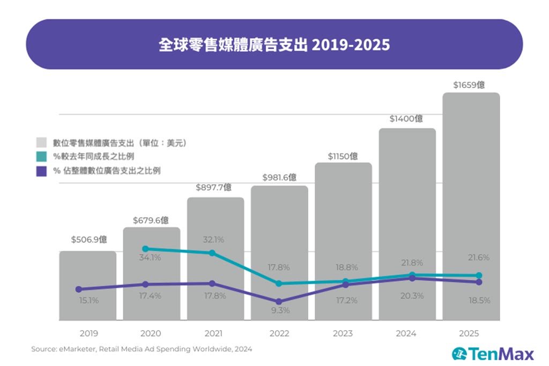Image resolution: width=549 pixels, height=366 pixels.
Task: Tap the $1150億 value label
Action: click(x=343, y=156)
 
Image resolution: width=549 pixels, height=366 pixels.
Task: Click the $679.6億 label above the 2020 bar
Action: click(x=151, y=220)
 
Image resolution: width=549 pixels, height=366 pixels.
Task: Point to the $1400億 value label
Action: click(x=407, y=118)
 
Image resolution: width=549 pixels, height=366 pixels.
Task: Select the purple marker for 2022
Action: click(x=279, y=302)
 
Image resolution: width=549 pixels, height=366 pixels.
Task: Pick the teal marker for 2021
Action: click(x=212, y=253)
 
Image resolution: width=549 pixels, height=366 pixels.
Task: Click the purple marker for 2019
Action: click(x=79, y=289)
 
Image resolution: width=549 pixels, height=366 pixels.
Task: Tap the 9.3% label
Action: click(x=279, y=310)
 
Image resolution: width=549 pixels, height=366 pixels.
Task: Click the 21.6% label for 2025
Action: click(x=478, y=258)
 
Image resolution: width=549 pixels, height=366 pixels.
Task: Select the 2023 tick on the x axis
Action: click(x=343, y=333)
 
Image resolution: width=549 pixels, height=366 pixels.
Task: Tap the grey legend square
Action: click(x=41, y=143)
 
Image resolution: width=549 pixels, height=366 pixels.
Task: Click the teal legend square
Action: click(x=41, y=157)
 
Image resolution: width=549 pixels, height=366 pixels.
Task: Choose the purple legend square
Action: click(x=41, y=171)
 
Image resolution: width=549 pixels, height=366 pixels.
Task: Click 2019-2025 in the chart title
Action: click(x=351, y=44)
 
